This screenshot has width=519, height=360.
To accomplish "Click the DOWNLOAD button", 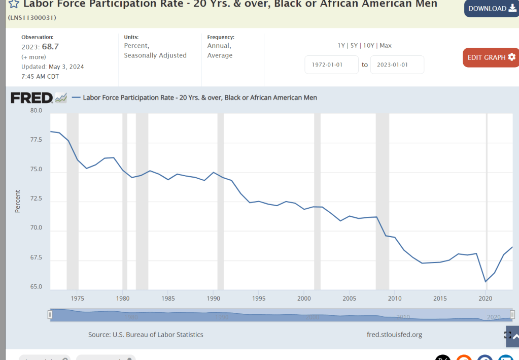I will click(x=491, y=9).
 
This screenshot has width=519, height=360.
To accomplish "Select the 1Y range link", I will click(x=342, y=46).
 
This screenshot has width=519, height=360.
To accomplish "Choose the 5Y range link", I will click(x=354, y=46).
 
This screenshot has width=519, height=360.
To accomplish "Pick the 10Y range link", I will click(x=369, y=46).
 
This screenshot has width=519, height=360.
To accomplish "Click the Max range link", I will click(x=386, y=46).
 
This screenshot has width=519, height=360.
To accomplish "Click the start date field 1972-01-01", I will click(x=331, y=65).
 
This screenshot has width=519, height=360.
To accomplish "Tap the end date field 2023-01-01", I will click(x=397, y=65).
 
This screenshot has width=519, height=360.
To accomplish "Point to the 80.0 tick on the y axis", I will click(x=36, y=110).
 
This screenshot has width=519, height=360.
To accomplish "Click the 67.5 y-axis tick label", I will click(x=36, y=258).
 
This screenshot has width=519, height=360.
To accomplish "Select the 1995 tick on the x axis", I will click(x=259, y=298).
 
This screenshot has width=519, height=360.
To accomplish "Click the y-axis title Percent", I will click(x=18, y=201).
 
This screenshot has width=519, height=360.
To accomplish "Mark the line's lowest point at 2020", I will click(x=486, y=281).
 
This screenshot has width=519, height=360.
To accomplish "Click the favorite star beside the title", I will click(x=14, y=4).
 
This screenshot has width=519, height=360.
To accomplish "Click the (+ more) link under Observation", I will click(x=33, y=57).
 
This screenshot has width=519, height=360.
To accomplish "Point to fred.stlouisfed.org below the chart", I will click(x=394, y=335).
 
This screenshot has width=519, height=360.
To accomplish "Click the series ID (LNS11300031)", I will click(x=32, y=18).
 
